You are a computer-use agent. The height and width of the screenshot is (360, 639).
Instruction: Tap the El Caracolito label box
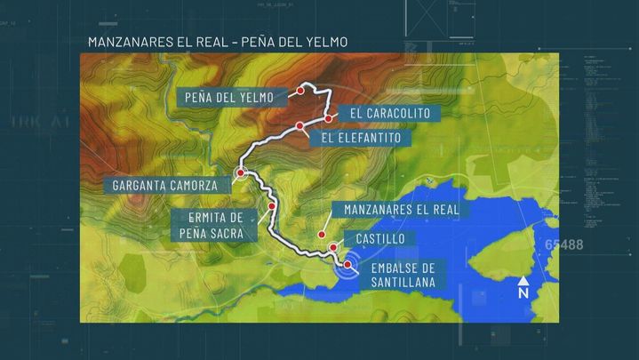(x=389, y=114)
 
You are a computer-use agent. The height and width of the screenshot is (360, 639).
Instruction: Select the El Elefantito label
(x=362, y=138)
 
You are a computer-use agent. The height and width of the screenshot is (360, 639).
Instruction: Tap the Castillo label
(x=380, y=239)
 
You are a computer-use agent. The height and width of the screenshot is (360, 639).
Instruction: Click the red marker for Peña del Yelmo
(x=303, y=89)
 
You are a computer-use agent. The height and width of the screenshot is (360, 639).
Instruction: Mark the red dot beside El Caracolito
(x=328, y=118)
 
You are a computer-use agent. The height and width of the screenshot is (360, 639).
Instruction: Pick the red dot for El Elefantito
(x=300, y=126)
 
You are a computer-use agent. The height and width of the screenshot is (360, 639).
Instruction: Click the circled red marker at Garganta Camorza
(x=241, y=172)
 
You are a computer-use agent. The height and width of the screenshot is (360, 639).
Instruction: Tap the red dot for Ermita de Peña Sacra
(x=271, y=205)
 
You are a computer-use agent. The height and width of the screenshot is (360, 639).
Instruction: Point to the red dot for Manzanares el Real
(x=322, y=236)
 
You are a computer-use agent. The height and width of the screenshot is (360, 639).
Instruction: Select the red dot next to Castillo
(x=333, y=248)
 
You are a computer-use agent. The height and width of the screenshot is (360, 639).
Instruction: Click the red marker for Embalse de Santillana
(x=347, y=264)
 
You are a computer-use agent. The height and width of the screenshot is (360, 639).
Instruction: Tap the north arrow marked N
(x=523, y=287)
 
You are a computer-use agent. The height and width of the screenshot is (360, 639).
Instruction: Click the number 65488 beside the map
(x=564, y=244)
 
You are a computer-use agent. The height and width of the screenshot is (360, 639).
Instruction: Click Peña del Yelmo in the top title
(x=292, y=42)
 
